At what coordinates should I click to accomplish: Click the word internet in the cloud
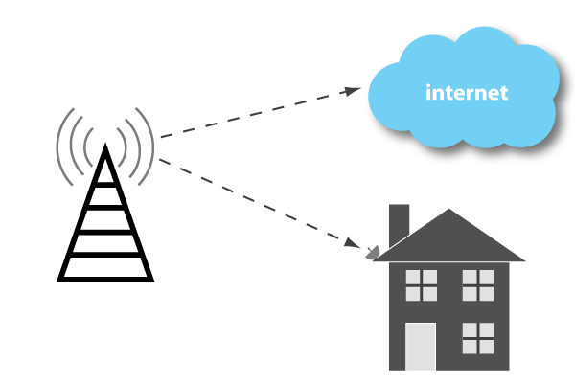[466, 93]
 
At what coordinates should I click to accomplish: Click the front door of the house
[421, 346]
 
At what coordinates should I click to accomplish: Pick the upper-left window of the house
[421, 284]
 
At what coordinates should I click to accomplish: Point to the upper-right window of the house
[478, 284]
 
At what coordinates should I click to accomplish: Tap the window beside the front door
[478, 337]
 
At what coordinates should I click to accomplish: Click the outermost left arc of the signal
[60, 146]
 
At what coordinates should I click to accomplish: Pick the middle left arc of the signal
[74, 146]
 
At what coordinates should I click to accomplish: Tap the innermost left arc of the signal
[87, 146]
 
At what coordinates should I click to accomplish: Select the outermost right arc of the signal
[150, 146]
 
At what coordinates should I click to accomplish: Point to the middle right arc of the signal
[137, 146]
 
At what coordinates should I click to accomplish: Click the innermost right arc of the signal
[124, 146]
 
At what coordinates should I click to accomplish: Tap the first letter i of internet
[428, 93]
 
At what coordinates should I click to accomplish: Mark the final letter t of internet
[503, 94]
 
